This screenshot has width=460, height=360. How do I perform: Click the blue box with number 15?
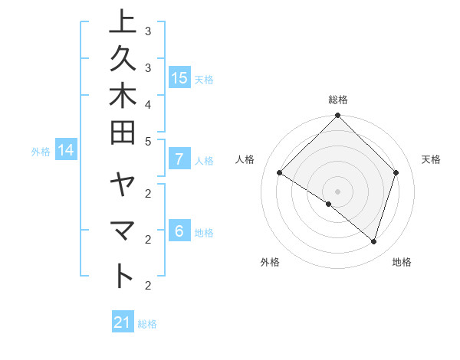tap(179, 78)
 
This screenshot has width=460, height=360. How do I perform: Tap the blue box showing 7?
tap(179, 160)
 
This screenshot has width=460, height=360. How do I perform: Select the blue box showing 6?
tap(179, 232)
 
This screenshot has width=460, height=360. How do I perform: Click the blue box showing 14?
tap(66, 151)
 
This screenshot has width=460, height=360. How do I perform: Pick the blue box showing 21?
tap(123, 323)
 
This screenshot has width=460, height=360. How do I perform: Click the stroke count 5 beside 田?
tap(148, 141)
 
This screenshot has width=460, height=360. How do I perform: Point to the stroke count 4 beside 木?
tap(148, 103)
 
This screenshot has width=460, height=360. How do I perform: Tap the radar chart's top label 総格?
tap(337, 100)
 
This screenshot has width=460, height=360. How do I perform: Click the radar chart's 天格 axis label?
tap(431, 159)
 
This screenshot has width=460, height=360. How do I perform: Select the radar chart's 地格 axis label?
tap(402, 262)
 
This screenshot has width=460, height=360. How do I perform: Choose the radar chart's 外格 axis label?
tap(270, 262)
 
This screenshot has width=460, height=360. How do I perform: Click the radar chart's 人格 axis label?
tap(245, 159)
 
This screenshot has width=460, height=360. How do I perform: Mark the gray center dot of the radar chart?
tap(337, 191)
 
